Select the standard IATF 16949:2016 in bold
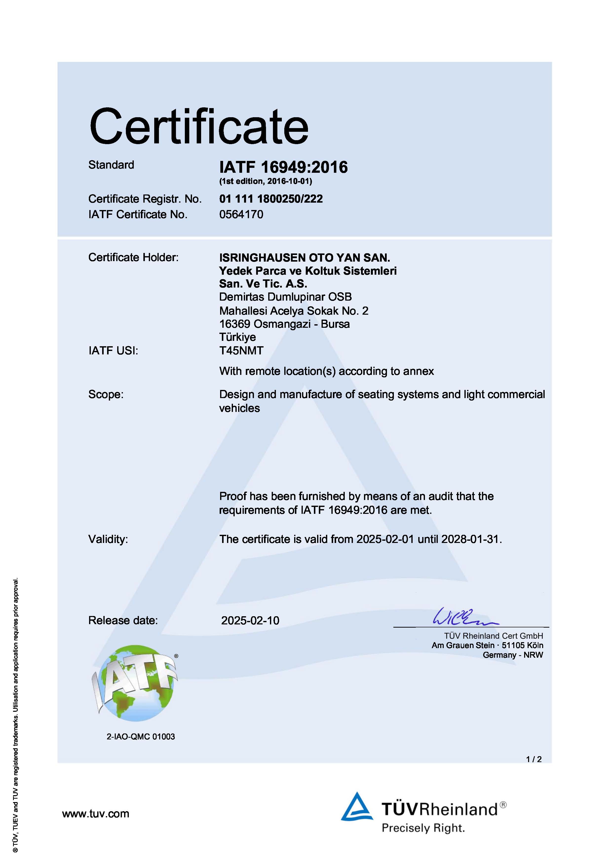pyautogui.click(x=283, y=167)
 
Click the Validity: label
pyautogui.click(x=108, y=539)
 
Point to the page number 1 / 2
pyautogui.click(x=534, y=759)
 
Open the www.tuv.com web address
pyautogui.click(x=96, y=814)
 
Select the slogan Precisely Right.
pyautogui.click(x=423, y=828)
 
